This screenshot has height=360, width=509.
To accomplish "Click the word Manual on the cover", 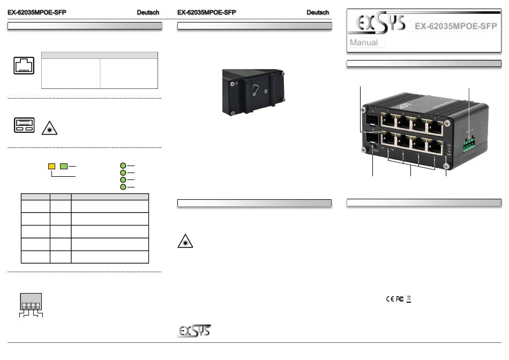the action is [364, 43].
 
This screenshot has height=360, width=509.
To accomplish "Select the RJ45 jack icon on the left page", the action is [24, 66].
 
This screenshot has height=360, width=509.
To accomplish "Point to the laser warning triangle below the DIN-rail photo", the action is [185, 241].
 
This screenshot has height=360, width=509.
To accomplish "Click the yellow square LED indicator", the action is [52, 166].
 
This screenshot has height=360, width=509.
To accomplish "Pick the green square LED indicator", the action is [64, 166].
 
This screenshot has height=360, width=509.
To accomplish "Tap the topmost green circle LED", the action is [123, 166].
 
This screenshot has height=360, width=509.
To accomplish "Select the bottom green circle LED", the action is [123, 187].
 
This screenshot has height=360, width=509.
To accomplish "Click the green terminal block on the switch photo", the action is [469, 143].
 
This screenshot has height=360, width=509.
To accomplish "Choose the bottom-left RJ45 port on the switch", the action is [388, 142].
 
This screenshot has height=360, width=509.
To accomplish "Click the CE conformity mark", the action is [390, 298].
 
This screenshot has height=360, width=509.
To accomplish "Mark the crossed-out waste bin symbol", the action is [408, 298].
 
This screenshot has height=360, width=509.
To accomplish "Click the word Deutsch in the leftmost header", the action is [148, 13].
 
